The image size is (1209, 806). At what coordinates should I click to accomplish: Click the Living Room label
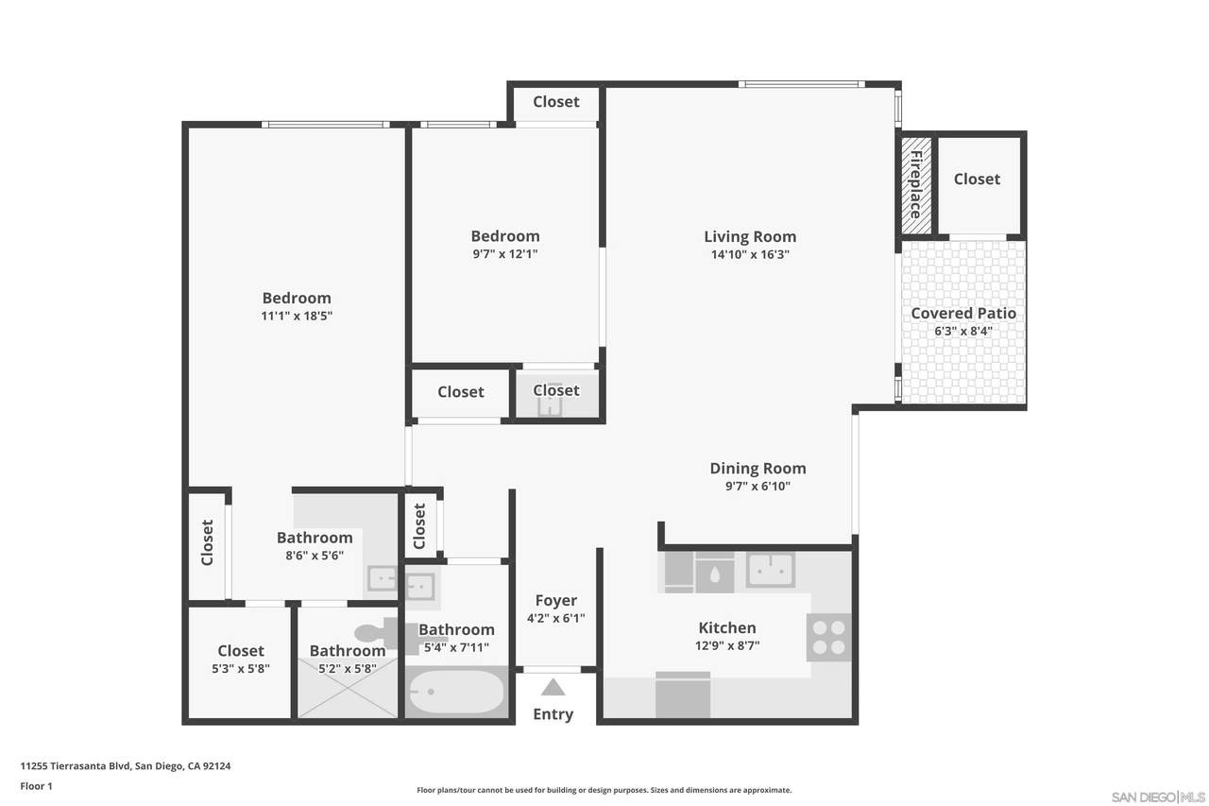tap(750, 236)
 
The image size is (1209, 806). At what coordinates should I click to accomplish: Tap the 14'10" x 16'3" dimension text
tap(750, 254)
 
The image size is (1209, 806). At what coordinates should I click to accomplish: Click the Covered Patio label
tap(963, 313)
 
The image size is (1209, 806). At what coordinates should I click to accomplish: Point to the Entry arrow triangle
tap(553, 687)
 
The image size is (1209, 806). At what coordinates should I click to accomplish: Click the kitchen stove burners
tap(828, 638)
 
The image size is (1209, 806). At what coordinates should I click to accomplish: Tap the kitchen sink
tap(770, 570)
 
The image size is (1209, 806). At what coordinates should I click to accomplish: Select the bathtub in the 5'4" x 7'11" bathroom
tap(456, 692)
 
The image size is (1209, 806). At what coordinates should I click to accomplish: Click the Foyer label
tap(556, 600)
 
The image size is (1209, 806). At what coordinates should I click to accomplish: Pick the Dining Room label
tap(758, 468)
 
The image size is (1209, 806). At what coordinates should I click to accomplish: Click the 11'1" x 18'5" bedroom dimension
tap(297, 316)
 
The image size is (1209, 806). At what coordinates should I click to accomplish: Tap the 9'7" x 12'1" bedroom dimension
tap(505, 254)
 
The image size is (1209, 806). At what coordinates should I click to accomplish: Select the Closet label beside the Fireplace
tap(977, 179)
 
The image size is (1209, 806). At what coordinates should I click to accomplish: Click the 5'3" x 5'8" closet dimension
tap(241, 668)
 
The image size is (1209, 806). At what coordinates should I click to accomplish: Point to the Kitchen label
tap(727, 627)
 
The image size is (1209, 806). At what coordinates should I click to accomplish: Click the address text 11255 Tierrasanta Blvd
tap(75, 765)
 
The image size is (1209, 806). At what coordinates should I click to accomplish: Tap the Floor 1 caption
tap(36, 786)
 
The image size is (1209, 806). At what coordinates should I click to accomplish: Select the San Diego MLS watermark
tap(1158, 797)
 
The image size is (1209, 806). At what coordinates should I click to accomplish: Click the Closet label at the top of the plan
tap(556, 101)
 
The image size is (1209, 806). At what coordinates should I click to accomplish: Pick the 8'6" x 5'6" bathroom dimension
tap(315, 555)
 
